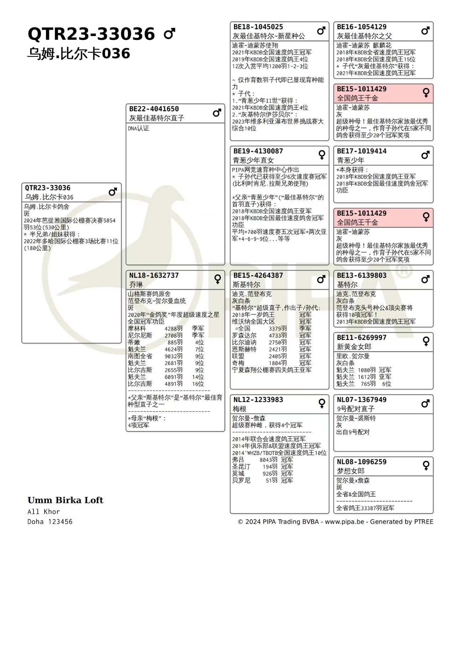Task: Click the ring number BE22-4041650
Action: (x=154, y=109)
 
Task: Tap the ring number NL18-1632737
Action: (x=154, y=275)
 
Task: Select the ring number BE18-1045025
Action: (x=258, y=27)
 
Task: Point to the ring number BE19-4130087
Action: (x=258, y=151)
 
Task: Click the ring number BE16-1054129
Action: (x=362, y=27)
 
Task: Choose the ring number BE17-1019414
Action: (x=362, y=151)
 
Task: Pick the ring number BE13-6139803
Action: (x=362, y=275)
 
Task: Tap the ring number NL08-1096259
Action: (x=362, y=462)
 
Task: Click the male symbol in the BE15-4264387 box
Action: (x=321, y=279)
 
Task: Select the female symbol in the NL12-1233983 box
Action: (x=322, y=403)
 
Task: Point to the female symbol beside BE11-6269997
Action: (x=426, y=341)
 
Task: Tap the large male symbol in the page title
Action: (x=170, y=34)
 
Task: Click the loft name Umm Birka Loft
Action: (x=65, y=500)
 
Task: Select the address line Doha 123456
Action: (x=50, y=522)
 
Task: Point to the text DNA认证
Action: (x=139, y=128)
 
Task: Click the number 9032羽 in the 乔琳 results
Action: (x=173, y=356)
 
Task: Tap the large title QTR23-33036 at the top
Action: (x=91, y=34)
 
